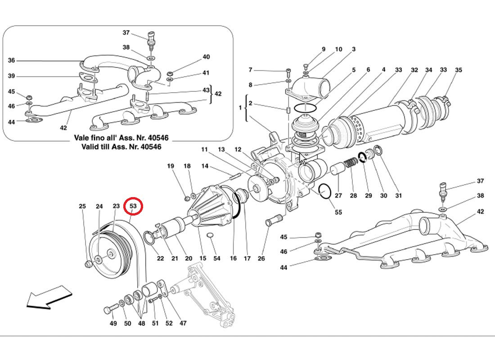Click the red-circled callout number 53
(133, 207)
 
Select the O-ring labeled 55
(325, 192)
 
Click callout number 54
(217, 258)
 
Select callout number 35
(458, 70)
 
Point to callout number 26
(261, 258)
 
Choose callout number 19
(171, 166)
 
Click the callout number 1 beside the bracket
(240, 108)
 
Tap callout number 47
(183, 323)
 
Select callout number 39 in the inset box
(11, 76)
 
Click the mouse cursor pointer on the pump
(303, 160)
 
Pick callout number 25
(82, 207)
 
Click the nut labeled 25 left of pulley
(88, 264)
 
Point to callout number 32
(414, 70)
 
